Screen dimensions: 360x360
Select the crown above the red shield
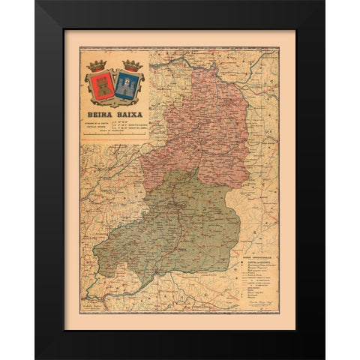(98, 66)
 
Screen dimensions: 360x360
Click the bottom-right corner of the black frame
(323, 357)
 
